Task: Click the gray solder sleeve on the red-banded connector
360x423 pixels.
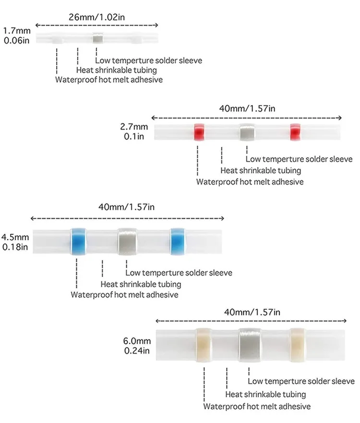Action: (246, 133)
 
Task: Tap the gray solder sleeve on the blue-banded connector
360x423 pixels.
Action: (127, 239)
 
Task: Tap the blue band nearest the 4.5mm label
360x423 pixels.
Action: (77, 239)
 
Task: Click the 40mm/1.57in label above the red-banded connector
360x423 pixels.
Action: (247, 109)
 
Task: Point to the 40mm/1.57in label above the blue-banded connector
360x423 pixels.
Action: (126, 207)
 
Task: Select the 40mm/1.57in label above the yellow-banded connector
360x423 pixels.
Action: (252, 312)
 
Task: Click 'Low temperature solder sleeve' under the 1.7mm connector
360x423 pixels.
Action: (148, 60)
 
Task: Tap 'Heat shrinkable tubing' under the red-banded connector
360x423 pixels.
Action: (261, 170)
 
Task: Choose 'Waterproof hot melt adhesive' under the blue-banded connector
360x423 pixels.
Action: (124, 294)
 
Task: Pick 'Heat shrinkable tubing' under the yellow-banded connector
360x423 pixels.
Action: (265, 394)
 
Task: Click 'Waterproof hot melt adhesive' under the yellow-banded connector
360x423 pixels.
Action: (257, 407)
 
